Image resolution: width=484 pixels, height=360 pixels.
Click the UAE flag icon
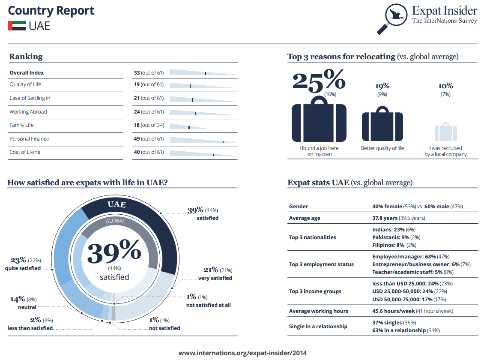17,26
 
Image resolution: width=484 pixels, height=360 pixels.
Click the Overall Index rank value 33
137,73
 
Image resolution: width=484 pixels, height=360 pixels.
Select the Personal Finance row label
29,139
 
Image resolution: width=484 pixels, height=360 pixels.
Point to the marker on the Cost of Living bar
213,155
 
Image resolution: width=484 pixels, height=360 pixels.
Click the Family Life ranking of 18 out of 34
149,125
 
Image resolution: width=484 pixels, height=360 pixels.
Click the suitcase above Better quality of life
382,123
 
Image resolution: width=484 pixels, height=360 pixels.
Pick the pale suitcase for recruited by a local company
446,132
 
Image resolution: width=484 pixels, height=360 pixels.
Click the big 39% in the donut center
114,251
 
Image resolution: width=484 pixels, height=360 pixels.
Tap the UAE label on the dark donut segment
117,204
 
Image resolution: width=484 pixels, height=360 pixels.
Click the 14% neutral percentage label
18,299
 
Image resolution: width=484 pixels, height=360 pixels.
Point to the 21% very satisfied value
211,270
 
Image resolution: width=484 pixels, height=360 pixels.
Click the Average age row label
305,218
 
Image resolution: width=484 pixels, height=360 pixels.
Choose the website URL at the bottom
242,353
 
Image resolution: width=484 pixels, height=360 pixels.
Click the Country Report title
51,11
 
